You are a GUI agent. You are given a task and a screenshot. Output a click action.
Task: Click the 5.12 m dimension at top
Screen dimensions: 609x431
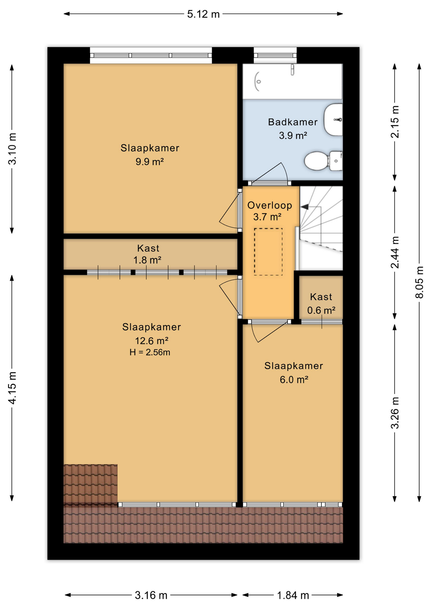203,14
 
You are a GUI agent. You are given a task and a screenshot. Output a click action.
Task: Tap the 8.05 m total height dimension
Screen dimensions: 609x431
419,282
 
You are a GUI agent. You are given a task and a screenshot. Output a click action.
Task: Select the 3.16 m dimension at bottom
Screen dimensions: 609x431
151,595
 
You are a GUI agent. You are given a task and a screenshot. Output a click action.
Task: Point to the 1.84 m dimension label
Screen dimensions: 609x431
293,595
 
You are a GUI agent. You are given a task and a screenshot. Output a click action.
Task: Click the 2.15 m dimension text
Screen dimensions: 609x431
395,121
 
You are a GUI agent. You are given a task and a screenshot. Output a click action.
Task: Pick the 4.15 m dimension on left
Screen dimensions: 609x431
12,388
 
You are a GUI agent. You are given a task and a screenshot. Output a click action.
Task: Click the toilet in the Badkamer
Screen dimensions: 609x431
322,161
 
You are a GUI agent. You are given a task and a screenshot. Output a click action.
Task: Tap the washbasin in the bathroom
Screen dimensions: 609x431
333,120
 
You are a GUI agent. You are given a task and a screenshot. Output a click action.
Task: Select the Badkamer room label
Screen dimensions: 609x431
293,122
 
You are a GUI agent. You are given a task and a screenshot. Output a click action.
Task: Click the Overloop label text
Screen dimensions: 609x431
269,206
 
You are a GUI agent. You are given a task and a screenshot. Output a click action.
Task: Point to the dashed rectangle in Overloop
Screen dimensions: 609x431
268,252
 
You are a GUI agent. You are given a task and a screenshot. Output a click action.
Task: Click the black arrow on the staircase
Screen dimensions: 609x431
304,207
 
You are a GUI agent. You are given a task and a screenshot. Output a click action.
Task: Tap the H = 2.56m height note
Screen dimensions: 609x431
150,352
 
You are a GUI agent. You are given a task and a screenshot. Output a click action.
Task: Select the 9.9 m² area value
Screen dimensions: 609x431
149,162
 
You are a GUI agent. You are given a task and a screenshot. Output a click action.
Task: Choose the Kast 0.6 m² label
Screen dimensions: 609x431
321,303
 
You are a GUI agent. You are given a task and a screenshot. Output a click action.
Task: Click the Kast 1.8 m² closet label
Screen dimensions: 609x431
148,254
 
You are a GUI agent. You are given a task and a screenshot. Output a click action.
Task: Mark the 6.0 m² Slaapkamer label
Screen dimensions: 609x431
294,373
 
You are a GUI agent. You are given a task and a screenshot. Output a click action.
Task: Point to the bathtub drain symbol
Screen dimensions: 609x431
259,82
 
